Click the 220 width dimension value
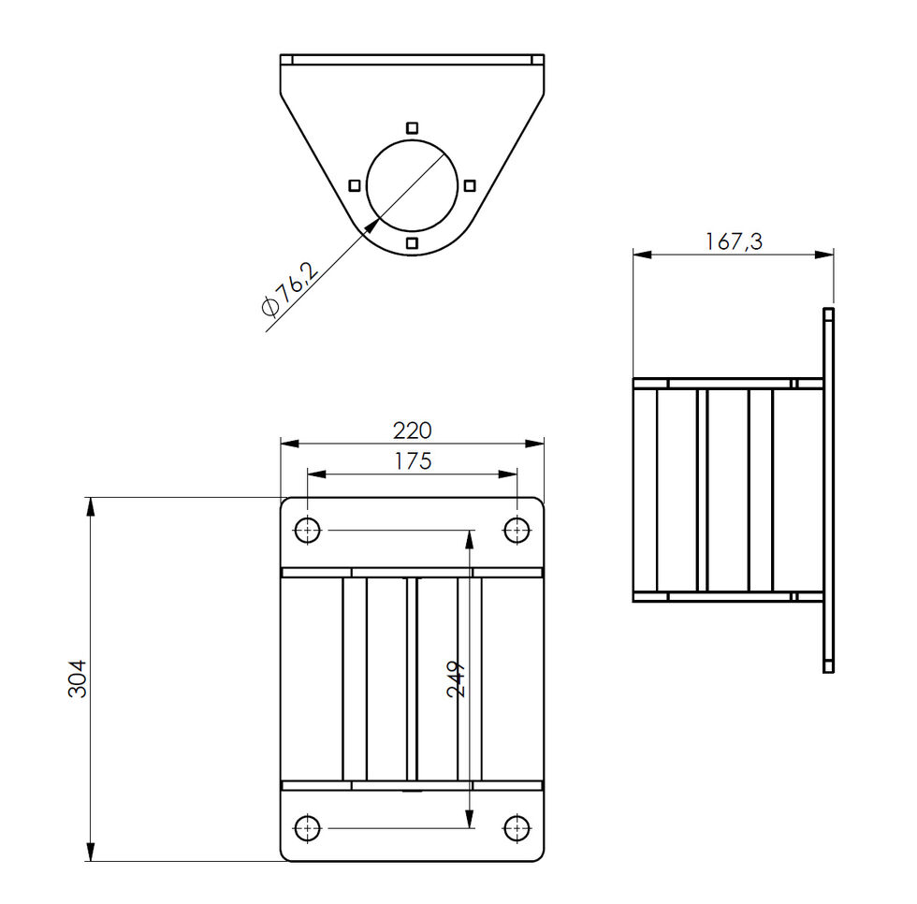click(412, 430)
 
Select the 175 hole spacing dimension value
click(412, 461)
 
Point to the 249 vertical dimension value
click(457, 678)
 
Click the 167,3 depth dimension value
click(733, 241)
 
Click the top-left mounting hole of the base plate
click(307, 531)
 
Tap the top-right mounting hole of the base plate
click(517, 531)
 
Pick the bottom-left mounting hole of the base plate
click(307, 828)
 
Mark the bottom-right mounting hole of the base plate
click(517, 828)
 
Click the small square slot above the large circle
click(412, 127)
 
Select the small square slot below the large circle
click(412, 244)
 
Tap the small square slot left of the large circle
click(354, 185)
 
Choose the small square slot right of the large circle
click(470, 185)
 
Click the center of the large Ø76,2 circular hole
click(412, 185)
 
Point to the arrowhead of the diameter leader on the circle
click(375, 222)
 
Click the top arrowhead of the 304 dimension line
click(91, 505)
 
